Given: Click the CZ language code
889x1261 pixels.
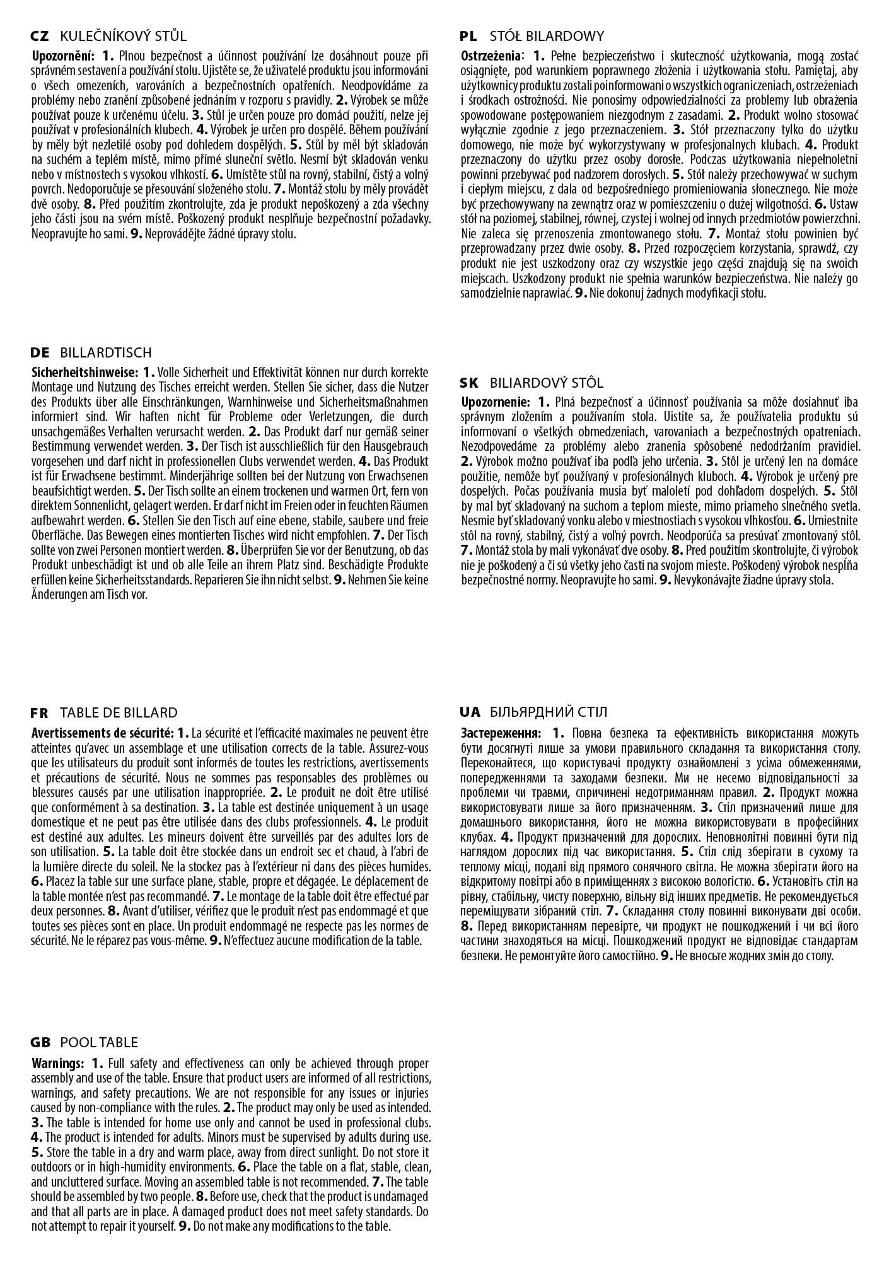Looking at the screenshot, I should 40,37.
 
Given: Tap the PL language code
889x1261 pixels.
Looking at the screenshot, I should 468,37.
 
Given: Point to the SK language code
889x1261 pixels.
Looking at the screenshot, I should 470,383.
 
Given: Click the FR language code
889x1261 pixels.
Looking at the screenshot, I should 39,713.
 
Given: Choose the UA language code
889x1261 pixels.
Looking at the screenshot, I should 470,712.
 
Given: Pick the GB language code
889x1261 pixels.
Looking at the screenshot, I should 40,1043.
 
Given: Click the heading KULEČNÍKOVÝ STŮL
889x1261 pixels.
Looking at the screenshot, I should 123,37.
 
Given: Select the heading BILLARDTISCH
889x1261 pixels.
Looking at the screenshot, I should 106,352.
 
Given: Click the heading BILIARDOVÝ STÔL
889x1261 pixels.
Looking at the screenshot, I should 546,383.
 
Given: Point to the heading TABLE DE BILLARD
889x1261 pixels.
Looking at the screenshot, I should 119,713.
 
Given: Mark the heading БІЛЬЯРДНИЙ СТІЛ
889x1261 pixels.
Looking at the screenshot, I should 548,712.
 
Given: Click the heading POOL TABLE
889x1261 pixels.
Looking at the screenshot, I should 99,1043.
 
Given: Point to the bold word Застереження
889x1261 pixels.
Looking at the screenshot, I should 501,733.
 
